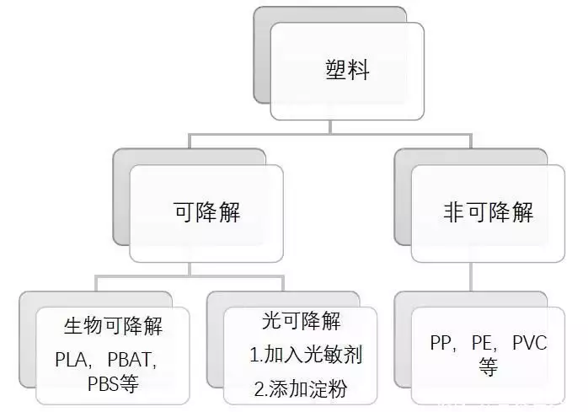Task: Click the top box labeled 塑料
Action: [x=347, y=72]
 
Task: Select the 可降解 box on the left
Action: [x=206, y=213]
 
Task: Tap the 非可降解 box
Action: [x=488, y=213]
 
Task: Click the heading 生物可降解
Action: [x=113, y=326]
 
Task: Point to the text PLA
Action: [x=71, y=360]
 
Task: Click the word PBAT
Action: [x=130, y=360]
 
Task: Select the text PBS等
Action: [x=113, y=383]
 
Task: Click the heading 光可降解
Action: [x=301, y=321]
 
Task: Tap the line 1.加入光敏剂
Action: [x=306, y=355]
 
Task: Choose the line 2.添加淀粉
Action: [x=300, y=388]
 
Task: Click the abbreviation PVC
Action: [x=530, y=343]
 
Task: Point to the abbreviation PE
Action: [x=482, y=343]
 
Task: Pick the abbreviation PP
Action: [x=441, y=343]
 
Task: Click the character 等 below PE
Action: [x=488, y=367]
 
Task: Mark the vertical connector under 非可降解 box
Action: [x=471, y=277]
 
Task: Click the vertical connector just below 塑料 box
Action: [x=330, y=127]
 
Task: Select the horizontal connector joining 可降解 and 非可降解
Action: [x=330, y=134]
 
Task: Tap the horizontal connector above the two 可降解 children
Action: [x=190, y=276]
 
